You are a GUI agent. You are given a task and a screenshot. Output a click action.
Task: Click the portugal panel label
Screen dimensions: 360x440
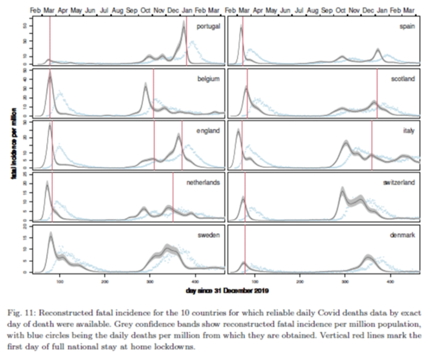coord(208,26)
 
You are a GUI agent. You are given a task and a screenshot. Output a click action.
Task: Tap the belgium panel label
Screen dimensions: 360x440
coord(208,79)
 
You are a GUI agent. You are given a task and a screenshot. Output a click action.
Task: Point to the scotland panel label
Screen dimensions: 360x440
coord(403,79)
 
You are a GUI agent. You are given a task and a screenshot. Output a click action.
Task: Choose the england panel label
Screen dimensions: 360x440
coord(208,131)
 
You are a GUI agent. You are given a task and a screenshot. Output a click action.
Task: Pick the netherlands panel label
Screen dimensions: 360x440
coord(203,182)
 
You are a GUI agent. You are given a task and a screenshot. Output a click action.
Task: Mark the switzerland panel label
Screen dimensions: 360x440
coord(399,182)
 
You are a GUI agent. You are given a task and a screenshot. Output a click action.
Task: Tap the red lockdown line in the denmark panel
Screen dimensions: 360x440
coord(245,250)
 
